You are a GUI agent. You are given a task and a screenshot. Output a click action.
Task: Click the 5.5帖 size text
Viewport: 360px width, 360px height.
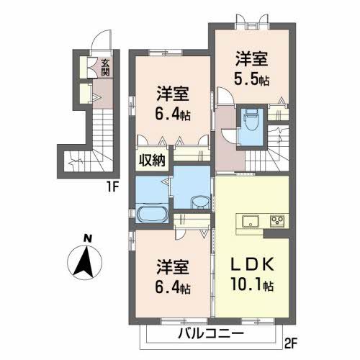253,79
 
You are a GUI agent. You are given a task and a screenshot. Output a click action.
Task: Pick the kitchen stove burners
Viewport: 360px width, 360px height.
278,220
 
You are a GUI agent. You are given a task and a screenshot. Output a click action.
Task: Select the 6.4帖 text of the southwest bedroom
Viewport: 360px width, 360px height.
174,289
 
